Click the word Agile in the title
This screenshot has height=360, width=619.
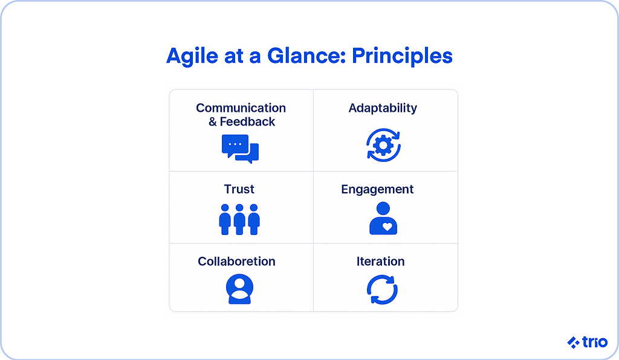pyautogui.click(x=192, y=56)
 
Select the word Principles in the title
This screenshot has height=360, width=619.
pyautogui.click(x=402, y=56)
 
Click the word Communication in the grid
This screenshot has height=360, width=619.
pyautogui.click(x=241, y=108)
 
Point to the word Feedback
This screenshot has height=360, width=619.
pyautogui.click(x=247, y=122)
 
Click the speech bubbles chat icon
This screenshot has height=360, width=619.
pyautogui.click(x=240, y=149)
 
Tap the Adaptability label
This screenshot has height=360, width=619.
pyautogui.click(x=383, y=109)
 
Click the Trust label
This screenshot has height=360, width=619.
pyautogui.click(x=239, y=189)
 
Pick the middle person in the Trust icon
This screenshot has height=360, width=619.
pyautogui.click(x=239, y=219)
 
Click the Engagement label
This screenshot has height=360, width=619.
pyautogui.click(x=377, y=190)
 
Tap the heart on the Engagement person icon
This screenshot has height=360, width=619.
pyautogui.click(x=387, y=227)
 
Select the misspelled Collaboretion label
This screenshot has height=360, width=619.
pyautogui.click(x=236, y=262)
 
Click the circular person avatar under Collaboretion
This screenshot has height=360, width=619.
pyautogui.click(x=239, y=289)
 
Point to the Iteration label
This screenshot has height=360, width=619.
pyautogui.click(x=381, y=262)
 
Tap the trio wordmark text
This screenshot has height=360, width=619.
pyautogui.click(x=595, y=342)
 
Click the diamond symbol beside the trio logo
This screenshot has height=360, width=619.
pyautogui.click(x=573, y=342)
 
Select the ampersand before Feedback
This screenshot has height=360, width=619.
pyautogui.click(x=213, y=122)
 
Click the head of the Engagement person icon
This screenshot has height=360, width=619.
pyautogui.click(x=383, y=208)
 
